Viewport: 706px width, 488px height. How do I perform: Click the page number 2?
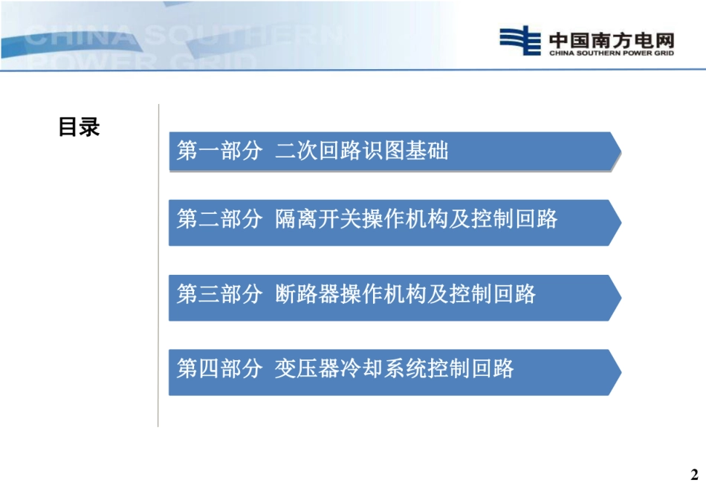695,475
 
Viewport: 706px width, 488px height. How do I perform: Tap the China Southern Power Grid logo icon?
519,40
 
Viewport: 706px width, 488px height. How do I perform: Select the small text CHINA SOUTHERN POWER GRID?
611,53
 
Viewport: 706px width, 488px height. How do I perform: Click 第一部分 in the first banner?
219,152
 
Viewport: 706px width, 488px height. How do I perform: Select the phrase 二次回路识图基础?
362,152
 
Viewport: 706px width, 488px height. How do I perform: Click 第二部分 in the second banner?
219,219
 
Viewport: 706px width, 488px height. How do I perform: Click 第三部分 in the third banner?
219,294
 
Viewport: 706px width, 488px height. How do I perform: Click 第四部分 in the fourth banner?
219,368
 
